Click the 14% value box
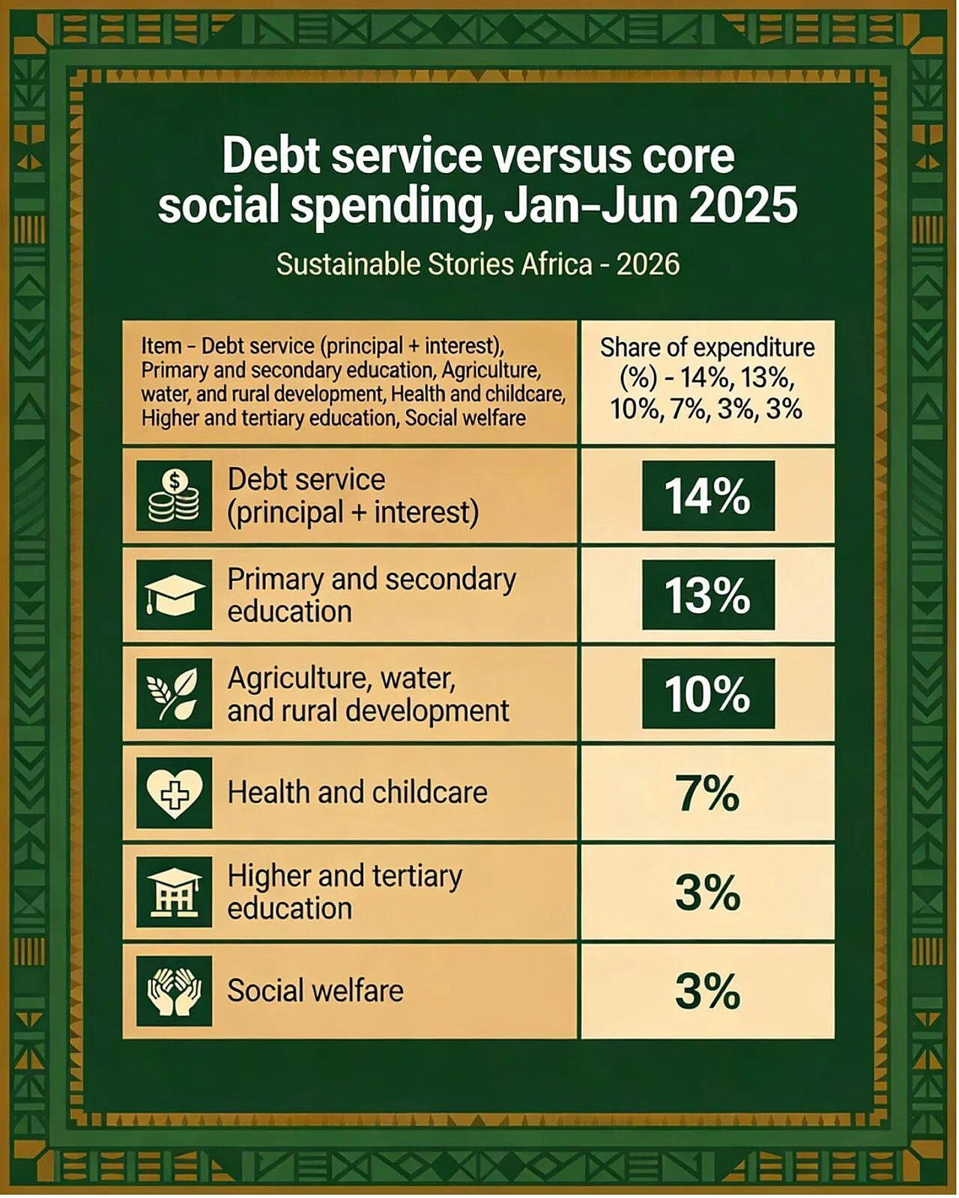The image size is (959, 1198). tap(708, 496)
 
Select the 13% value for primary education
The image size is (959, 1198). tap(708, 595)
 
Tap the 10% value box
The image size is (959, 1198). tap(708, 693)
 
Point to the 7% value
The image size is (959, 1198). tap(708, 794)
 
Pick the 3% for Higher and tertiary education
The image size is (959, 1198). tap(708, 893)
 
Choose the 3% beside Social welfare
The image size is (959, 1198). tap(708, 991)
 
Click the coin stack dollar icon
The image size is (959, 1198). tap(174, 496)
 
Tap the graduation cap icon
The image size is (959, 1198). tap(174, 595)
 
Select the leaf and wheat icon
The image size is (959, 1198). tap(174, 693)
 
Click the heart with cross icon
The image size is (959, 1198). tap(174, 793)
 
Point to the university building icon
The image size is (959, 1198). tap(174, 893)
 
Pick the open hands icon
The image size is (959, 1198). tap(174, 991)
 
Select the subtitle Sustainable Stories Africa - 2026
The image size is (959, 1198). tap(478, 264)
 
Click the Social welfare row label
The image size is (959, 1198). tap(315, 991)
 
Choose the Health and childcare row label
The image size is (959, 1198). tap(357, 792)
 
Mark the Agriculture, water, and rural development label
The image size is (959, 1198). tap(369, 694)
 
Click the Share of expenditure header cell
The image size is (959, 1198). tap(708, 382)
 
